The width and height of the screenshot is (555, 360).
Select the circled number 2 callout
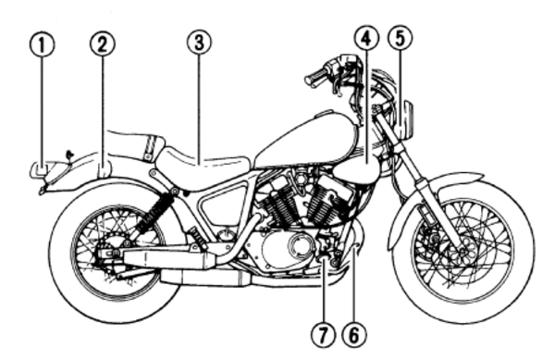pos(102,44)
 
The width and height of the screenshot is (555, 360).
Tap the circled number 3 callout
pos(198,43)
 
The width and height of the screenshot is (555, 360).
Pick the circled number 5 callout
pos(400,38)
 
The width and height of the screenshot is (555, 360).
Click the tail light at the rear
pos(40,169)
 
